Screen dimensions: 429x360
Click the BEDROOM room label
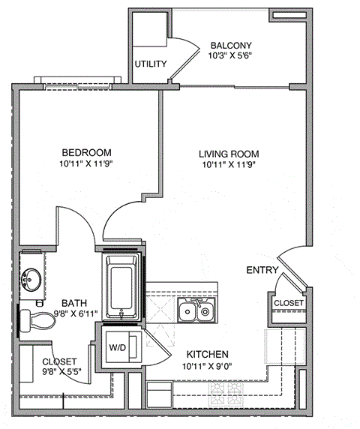point(87,150)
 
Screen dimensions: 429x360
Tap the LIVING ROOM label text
point(229,150)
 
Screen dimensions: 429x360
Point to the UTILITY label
point(150,64)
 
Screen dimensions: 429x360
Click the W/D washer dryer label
point(118,347)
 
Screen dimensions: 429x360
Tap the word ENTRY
point(262,270)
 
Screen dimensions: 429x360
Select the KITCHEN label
point(207,354)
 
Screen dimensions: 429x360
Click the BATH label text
point(73,303)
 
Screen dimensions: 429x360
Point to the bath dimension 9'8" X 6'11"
point(73,314)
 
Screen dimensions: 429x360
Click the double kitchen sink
point(197,310)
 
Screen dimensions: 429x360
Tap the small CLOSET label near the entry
point(289,302)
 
